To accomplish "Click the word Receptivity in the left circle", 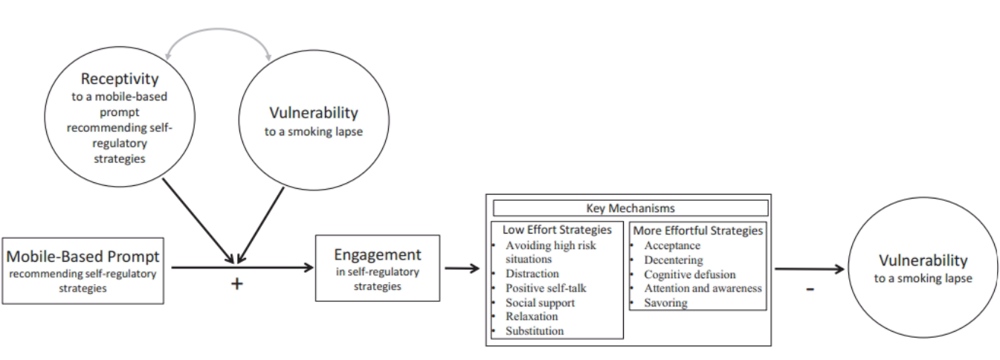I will tap(120, 79).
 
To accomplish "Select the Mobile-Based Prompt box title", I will tap(83, 257).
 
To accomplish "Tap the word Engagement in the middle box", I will tap(377, 254).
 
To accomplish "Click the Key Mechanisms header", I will tap(630, 208).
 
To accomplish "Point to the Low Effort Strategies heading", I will tap(556, 230).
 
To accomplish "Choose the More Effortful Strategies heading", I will tap(697, 231).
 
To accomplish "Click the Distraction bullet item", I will tap(532, 274).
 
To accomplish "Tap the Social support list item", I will tap(540, 303).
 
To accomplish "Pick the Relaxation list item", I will tap(532, 316).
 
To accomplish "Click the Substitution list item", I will tap(535, 331).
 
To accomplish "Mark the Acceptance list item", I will tap(672, 245).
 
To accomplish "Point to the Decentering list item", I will tap(673, 260).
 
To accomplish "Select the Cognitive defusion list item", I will tap(689, 274).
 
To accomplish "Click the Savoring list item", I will tap(665, 303).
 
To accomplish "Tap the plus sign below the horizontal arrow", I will tap(236, 283).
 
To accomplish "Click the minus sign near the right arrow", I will tap(810, 289).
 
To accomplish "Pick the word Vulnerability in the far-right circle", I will tap(923, 260).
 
